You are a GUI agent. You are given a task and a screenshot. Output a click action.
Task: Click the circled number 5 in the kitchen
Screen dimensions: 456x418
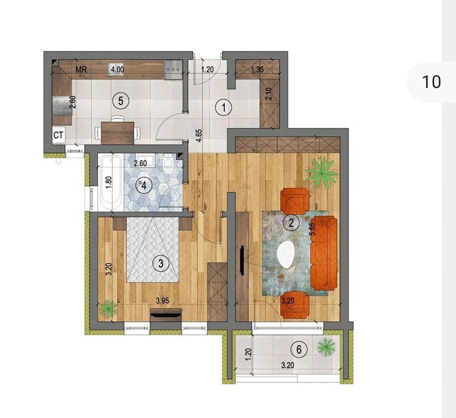[120, 101]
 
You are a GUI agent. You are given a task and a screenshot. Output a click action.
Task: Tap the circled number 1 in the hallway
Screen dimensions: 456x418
[223, 108]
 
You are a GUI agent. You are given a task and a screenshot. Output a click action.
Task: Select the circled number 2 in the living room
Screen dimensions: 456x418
[291, 223]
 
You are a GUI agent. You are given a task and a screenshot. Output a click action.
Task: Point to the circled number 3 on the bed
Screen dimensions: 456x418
[161, 263]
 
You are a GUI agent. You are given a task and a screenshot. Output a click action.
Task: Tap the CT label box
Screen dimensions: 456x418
[58, 135]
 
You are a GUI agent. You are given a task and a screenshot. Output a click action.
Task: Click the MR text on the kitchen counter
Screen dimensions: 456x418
[81, 70]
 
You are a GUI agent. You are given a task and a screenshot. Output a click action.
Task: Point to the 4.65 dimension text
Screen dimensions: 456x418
[199, 136]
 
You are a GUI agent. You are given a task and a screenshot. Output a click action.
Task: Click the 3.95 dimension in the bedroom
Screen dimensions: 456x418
[162, 301]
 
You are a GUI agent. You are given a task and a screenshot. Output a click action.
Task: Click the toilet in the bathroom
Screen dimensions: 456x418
[168, 164]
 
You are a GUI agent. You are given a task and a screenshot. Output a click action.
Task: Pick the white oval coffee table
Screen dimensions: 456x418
[286, 254]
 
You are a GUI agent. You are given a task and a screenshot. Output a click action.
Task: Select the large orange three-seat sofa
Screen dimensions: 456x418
[324, 253]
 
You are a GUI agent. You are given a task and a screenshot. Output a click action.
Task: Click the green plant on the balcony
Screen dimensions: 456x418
[326, 346]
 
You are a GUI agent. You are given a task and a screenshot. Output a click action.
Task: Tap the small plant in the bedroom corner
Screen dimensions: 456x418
[108, 308]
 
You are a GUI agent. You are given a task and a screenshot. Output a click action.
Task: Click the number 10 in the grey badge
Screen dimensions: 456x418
[431, 82]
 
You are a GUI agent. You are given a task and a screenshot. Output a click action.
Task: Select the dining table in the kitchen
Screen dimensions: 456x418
[118, 133]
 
